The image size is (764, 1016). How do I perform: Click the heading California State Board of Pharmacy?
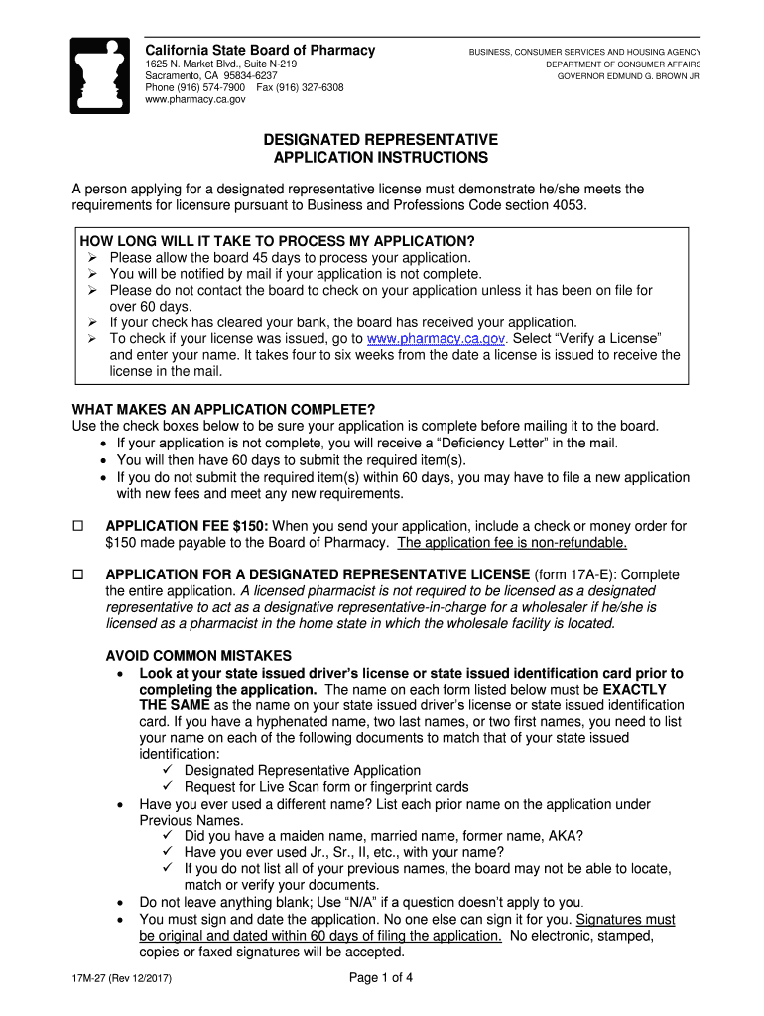coord(260,51)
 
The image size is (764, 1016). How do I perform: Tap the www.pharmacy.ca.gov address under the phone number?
coord(195,100)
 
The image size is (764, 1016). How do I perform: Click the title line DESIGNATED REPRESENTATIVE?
coord(381,140)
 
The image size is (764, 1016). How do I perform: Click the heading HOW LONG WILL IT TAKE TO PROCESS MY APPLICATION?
coord(278,242)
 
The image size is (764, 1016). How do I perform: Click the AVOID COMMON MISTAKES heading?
coord(198,656)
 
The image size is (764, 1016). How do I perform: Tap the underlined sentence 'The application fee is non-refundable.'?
coord(512,543)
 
